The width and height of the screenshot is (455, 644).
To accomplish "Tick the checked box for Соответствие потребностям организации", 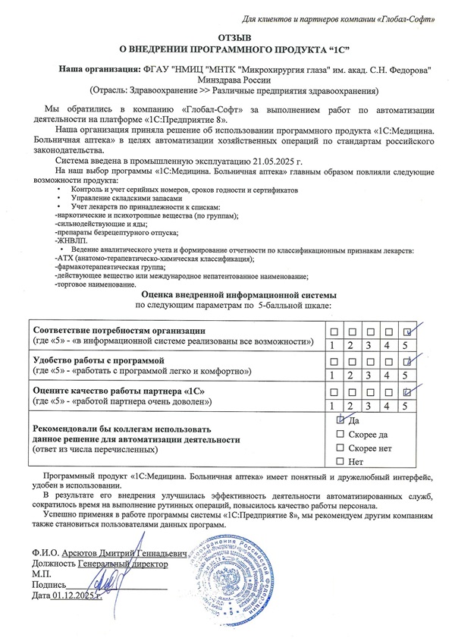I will [408, 331].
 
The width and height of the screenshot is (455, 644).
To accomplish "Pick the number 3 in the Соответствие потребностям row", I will [370, 344].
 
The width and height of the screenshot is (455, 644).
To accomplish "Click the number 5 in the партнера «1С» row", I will [407, 405].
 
